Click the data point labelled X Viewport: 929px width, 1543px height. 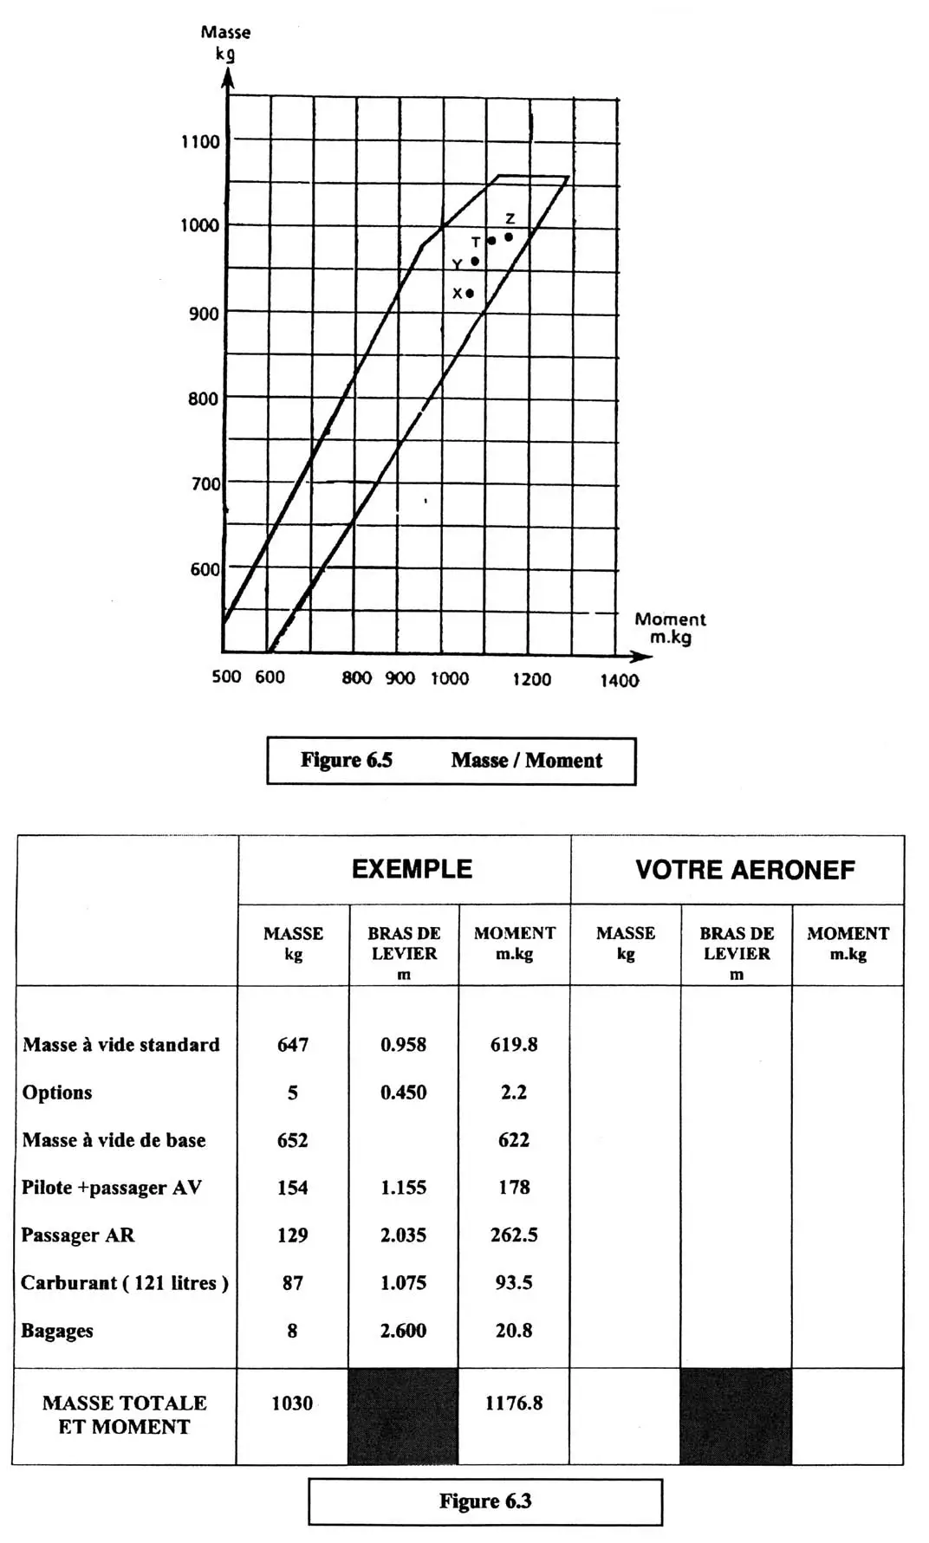[470, 294]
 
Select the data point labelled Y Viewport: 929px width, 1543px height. [475, 262]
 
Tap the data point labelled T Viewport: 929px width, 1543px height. [492, 241]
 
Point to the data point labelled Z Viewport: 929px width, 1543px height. [509, 237]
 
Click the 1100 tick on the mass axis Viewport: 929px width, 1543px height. [200, 142]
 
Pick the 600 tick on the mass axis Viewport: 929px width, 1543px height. [205, 569]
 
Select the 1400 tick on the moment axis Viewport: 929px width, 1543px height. [619, 681]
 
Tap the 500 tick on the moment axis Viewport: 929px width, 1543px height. [226, 677]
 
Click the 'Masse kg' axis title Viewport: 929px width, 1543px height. [225, 42]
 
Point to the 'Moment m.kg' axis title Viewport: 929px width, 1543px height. [670, 628]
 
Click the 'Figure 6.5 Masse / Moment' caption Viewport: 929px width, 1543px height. [451, 761]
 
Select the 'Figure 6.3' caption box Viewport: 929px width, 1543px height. [484, 1501]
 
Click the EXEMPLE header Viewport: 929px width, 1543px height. [412, 870]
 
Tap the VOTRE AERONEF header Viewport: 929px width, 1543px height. [744, 870]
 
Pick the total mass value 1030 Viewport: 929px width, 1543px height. [292, 1404]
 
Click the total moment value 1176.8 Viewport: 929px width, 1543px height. [514, 1404]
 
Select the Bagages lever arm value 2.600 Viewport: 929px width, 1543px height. [403, 1331]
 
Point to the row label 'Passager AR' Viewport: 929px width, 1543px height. [78, 1235]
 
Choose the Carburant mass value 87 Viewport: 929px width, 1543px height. [293, 1283]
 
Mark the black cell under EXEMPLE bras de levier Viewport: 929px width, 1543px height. [403, 1417]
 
